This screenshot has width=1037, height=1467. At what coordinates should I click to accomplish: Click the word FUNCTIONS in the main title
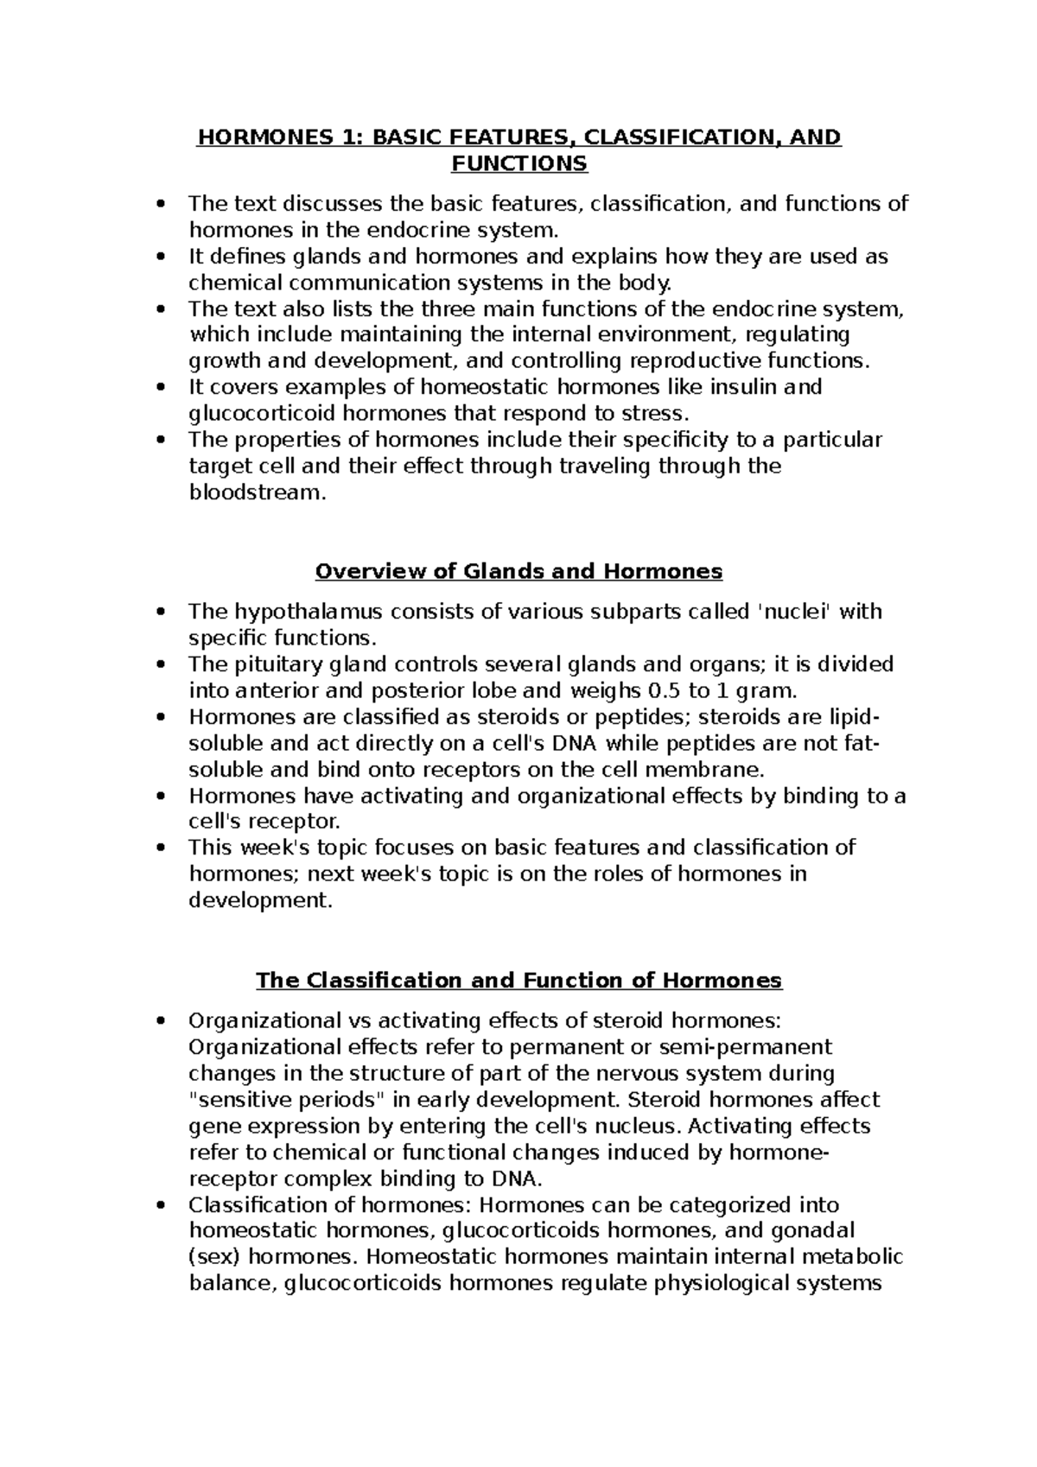(x=518, y=163)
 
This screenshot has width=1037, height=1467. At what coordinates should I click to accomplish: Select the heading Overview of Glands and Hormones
(x=518, y=572)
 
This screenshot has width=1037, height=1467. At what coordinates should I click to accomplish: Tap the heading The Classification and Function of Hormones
(x=518, y=981)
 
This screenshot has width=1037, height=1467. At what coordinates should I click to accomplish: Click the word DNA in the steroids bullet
(x=578, y=744)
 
